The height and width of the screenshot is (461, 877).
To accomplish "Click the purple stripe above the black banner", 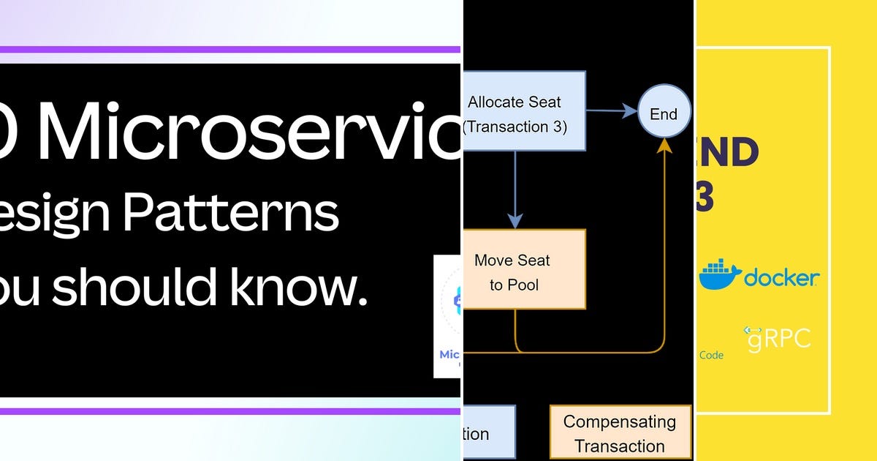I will click(230, 50).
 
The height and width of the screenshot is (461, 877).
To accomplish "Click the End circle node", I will click(664, 113).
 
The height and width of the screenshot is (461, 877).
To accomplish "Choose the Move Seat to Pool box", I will click(524, 270).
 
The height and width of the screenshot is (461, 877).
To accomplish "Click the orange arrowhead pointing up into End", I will click(664, 146).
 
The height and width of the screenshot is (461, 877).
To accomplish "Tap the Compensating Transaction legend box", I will click(620, 432).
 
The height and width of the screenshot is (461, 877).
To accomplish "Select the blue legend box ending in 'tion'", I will click(489, 432).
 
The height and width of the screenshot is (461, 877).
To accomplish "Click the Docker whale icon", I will click(720, 275).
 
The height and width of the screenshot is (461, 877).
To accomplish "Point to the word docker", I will click(781, 278).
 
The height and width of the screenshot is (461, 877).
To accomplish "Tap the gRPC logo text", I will click(778, 340).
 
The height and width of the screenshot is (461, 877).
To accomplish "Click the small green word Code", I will click(711, 355).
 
